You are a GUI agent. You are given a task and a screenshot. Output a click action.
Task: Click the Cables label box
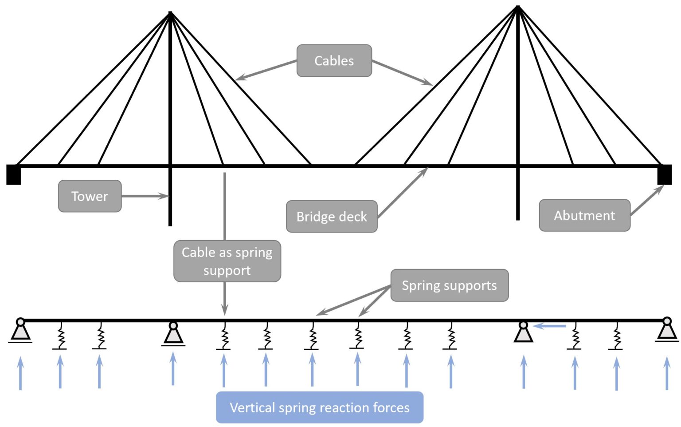pyautogui.click(x=334, y=61)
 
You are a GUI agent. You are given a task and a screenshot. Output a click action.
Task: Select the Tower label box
pyautogui.click(x=90, y=196)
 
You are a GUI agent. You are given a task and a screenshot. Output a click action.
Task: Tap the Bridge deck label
pyautogui.click(x=332, y=217)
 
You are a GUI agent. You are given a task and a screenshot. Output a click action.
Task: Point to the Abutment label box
pyautogui.click(x=584, y=215)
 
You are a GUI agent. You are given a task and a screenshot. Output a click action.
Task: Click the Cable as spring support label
pyautogui.click(x=227, y=261)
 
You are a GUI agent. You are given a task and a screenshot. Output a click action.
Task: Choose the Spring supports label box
pyautogui.click(x=449, y=285)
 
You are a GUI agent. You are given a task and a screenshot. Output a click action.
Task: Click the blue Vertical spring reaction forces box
pyautogui.click(x=319, y=407)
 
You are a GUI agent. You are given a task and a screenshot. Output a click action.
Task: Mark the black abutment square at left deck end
pyautogui.click(x=14, y=174)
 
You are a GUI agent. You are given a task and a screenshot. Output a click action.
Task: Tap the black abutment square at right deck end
pyautogui.click(x=664, y=174)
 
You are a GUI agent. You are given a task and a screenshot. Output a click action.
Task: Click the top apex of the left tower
pyautogui.click(x=170, y=13)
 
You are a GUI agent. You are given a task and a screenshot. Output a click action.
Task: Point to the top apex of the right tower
pyautogui.click(x=518, y=8)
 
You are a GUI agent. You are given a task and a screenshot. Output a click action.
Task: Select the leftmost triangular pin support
pyautogui.click(x=20, y=331)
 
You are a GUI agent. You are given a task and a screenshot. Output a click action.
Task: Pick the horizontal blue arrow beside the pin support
pyautogui.click(x=550, y=326)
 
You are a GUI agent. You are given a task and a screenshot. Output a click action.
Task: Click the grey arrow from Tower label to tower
pyautogui.click(x=145, y=196)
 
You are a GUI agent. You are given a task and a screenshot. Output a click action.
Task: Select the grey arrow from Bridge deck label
pyautogui.click(x=403, y=192)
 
